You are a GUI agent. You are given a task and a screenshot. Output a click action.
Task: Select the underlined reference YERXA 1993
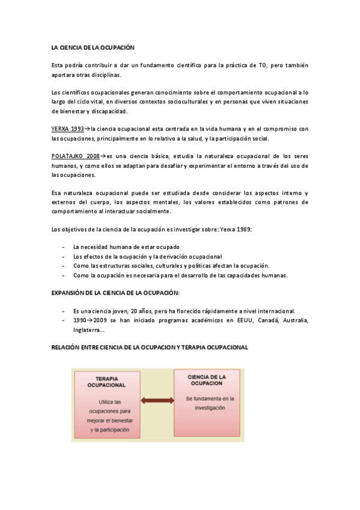click(x=67, y=129)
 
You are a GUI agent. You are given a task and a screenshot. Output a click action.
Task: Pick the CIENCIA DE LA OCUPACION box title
click(x=206, y=380)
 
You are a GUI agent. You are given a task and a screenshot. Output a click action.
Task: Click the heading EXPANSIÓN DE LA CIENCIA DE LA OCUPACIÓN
click(x=115, y=292)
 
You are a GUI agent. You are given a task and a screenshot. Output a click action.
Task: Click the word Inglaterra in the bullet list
click(x=87, y=330)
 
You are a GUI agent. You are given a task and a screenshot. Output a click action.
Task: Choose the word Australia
click(x=288, y=321)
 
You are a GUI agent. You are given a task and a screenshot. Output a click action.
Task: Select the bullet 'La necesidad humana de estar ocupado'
click(x=126, y=247)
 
